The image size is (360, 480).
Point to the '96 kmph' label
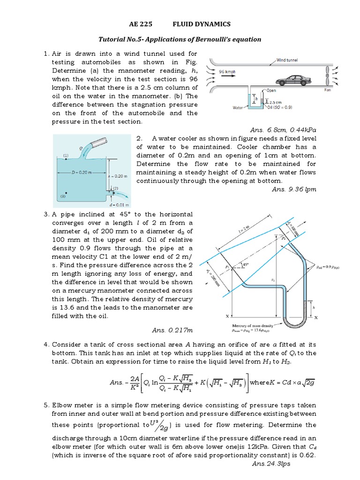pos(227,73)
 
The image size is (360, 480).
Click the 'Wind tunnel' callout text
pos(287,60)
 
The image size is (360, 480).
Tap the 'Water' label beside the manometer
pos(238,107)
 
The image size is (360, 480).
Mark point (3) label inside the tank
pos(62,197)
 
